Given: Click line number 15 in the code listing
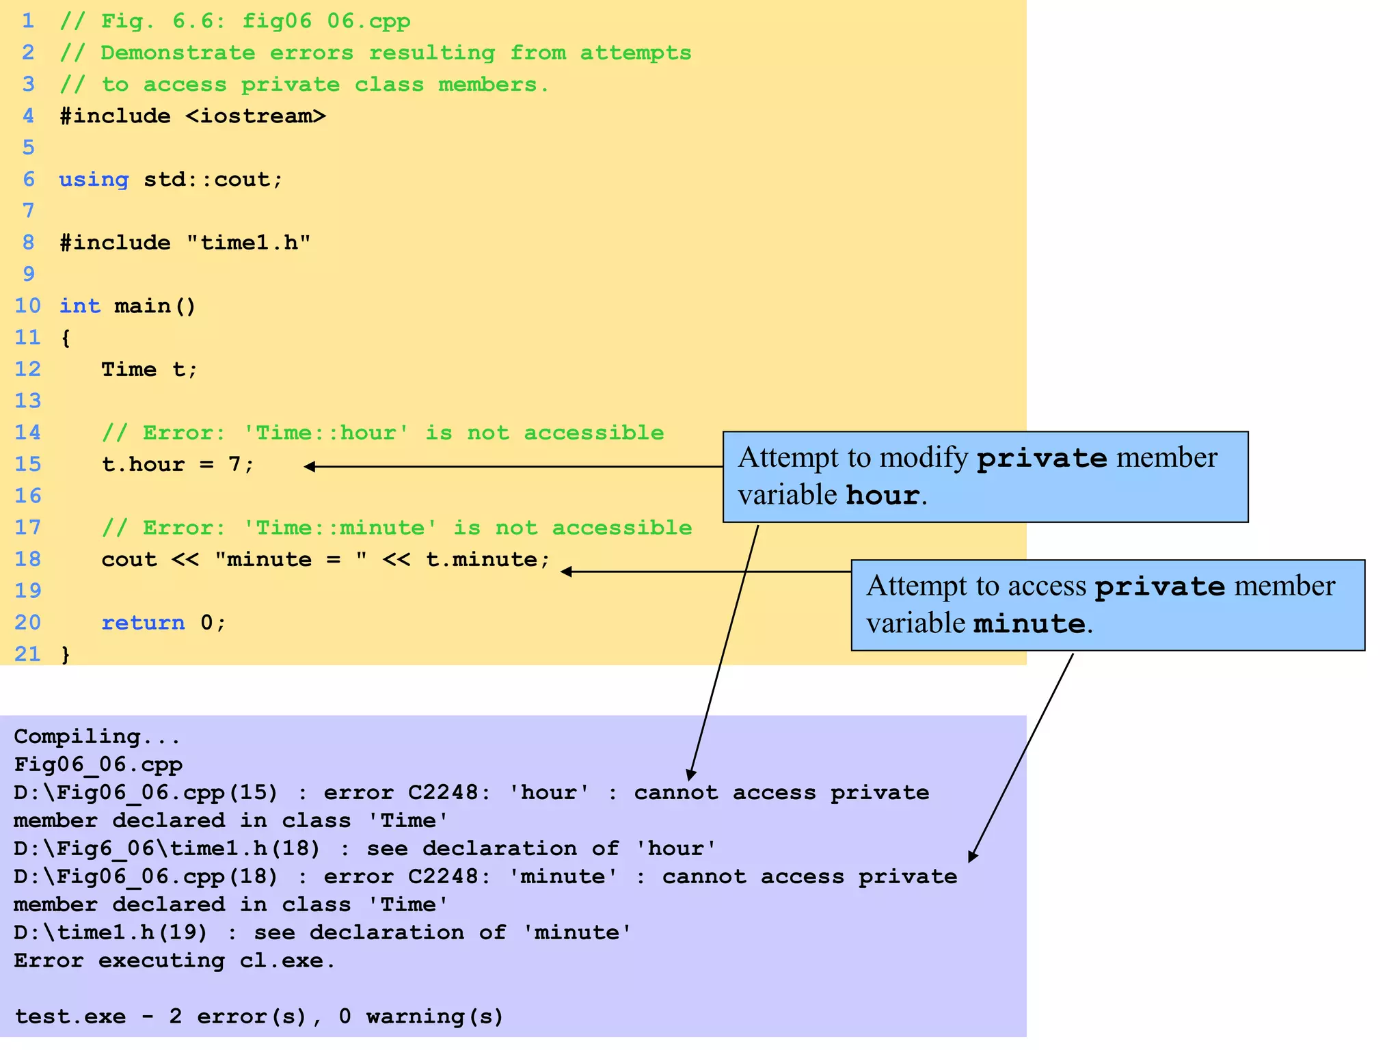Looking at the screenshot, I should point(28,464).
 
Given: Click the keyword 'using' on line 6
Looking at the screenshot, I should point(94,180).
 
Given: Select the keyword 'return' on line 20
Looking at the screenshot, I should point(143,623).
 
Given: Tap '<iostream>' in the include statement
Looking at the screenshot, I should point(256,116).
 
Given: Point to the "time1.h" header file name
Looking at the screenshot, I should point(249,243).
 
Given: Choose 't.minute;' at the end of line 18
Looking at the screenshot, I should point(487,560).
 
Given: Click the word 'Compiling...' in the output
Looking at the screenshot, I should point(97,737).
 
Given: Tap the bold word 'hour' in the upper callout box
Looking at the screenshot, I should point(882,495).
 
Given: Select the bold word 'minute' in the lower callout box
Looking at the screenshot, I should point(1029,623).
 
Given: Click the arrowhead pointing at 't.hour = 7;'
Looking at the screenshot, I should point(310,467).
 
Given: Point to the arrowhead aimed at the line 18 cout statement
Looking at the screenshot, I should point(566,571).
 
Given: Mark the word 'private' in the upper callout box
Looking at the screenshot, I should point(1041,458).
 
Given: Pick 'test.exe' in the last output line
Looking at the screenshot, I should point(70,1017).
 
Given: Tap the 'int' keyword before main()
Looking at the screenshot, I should point(79,306).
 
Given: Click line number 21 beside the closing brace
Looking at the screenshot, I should point(28,654).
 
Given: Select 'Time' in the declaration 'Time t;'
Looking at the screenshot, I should point(129,370).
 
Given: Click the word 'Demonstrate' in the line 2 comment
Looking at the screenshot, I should point(178,53).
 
